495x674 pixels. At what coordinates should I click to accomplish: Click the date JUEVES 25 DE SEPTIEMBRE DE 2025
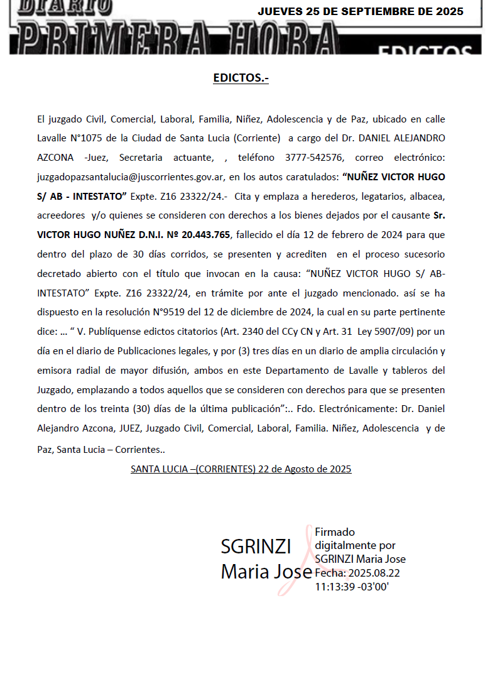pyautogui.click(x=361, y=12)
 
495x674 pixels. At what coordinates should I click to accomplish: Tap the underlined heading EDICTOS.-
pyautogui.click(x=241, y=79)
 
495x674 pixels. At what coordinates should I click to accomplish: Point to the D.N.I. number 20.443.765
pyautogui.click(x=206, y=235)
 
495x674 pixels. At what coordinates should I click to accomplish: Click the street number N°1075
pyautogui.click(x=87, y=138)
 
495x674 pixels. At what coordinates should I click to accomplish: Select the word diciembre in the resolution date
pyautogui.click(x=269, y=312)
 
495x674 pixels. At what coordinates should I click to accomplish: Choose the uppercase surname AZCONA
pyautogui.click(x=55, y=157)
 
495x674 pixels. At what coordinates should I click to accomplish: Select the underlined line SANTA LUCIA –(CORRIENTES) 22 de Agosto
pyautogui.click(x=241, y=469)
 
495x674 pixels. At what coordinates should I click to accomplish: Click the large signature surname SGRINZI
pyautogui.click(x=255, y=547)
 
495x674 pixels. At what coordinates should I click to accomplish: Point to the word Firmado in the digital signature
pyautogui.click(x=335, y=532)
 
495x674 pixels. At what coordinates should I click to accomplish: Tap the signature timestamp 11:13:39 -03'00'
pyautogui.click(x=352, y=586)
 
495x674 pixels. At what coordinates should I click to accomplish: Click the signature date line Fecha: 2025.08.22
pyautogui.click(x=357, y=572)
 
